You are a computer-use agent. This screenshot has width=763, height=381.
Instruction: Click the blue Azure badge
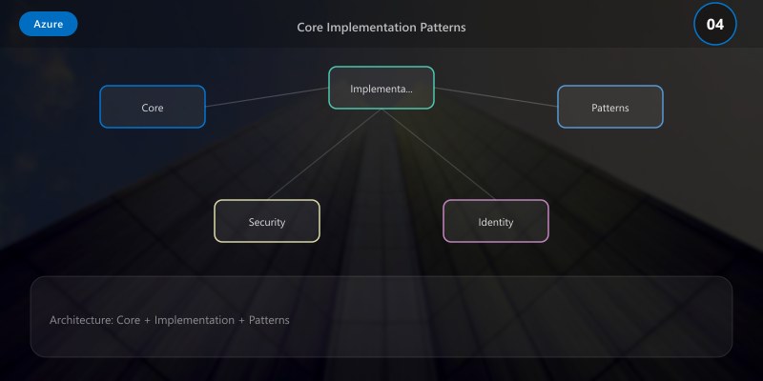tap(48, 24)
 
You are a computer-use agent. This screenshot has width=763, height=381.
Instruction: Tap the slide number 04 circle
tap(714, 24)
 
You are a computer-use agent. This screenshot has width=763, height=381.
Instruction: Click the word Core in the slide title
tap(310, 27)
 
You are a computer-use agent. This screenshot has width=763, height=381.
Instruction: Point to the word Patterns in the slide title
tap(443, 27)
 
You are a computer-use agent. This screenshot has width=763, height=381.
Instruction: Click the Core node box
tap(153, 107)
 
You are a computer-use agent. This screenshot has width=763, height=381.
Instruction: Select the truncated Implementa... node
tap(381, 88)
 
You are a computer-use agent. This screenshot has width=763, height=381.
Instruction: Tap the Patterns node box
tap(610, 107)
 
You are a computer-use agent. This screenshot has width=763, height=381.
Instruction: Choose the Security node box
tap(267, 221)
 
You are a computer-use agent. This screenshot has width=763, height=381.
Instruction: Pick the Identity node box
tap(496, 221)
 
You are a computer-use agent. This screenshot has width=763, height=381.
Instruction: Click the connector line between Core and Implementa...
tap(267, 97)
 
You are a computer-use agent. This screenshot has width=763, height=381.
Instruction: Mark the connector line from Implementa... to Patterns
tap(496, 97)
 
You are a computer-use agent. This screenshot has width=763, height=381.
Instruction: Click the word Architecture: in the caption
tap(81, 320)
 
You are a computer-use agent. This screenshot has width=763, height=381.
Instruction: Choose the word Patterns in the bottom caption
tap(269, 320)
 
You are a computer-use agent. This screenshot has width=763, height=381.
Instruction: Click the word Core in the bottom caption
tap(129, 320)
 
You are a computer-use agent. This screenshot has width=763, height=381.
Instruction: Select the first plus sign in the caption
tap(148, 320)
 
